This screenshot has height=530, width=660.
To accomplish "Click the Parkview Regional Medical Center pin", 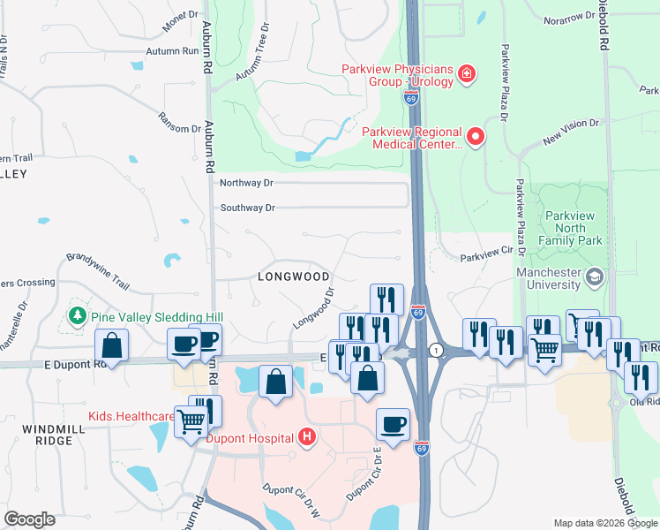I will click(x=476, y=136).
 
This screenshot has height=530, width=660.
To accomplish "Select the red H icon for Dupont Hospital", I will click(x=306, y=436).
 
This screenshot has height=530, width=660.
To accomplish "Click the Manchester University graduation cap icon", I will click(x=595, y=277).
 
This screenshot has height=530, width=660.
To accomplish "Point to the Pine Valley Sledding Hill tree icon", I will click(x=79, y=316).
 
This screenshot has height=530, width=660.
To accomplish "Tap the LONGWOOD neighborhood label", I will click(x=293, y=276).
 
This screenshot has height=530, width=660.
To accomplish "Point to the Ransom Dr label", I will click(x=179, y=123).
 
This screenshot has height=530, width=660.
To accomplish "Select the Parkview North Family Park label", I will click(x=573, y=228).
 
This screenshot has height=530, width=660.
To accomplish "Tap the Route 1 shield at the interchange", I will click(x=435, y=351).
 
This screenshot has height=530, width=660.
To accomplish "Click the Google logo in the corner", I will click(x=29, y=519).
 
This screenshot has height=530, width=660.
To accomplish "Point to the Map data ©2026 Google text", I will click(x=604, y=523).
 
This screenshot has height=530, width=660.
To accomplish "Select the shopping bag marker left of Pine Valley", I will click(x=112, y=344).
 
